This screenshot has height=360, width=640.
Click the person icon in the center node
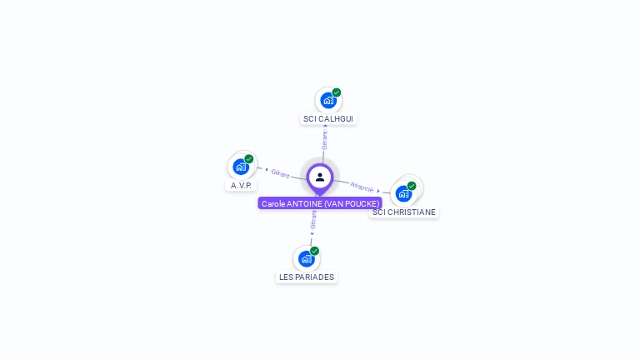pyautogui.click(x=320, y=177)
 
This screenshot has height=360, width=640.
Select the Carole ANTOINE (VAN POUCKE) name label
pyautogui.click(x=320, y=203)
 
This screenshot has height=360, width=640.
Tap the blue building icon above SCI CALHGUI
pyautogui.click(x=327, y=100)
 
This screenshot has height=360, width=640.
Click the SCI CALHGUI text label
pyautogui.click(x=328, y=119)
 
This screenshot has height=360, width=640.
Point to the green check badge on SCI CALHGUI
pyautogui.click(x=337, y=92)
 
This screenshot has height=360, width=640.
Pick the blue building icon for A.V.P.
pyautogui.click(x=240, y=166)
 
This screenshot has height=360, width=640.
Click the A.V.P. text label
pyautogui.click(x=241, y=185)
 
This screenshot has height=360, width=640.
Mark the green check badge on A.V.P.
pyautogui.click(x=249, y=158)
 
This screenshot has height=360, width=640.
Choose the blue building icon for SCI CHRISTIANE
pyautogui.click(x=403, y=193)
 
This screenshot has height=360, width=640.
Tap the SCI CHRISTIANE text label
pyautogui.click(x=404, y=212)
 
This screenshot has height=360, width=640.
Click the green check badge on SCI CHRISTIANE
pyautogui.click(x=412, y=186)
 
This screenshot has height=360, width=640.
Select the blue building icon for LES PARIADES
pyautogui.click(x=306, y=258)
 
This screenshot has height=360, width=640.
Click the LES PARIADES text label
pyautogui.click(x=307, y=277)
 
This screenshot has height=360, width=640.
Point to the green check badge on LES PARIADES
pyautogui.click(x=314, y=251)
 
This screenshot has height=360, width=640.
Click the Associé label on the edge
pyautogui.click(x=362, y=187)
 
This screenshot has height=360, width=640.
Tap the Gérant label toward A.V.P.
pyautogui.click(x=280, y=173)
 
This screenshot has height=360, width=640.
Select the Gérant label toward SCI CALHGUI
pyautogui.click(x=324, y=139)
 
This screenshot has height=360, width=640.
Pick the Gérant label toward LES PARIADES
pyautogui.click(x=313, y=219)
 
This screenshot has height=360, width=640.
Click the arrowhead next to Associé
pyautogui.click(x=378, y=190)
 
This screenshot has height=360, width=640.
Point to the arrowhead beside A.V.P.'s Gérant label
pyautogui.click(x=266, y=170)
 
